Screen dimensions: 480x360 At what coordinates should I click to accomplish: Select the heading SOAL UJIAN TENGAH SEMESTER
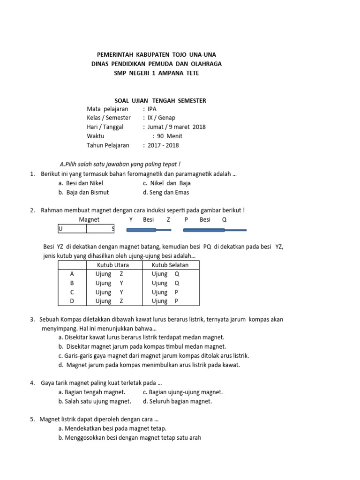pos(160,100)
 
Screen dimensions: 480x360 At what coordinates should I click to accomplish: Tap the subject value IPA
pos(152,109)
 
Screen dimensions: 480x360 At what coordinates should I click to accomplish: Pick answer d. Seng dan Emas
pos(166,192)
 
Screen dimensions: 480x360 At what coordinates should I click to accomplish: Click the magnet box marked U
pos(72,229)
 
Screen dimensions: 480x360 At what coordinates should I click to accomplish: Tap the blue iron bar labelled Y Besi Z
pos(148,230)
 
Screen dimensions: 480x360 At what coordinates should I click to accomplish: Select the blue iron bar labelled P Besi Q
pos(214,230)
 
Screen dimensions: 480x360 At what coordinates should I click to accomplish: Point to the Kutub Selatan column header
pos(170,265)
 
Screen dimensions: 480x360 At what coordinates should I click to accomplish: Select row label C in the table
pos(72,292)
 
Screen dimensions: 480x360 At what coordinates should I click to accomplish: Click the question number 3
pos(32,319)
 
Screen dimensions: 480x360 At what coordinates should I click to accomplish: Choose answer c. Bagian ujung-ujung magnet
pos(182,392)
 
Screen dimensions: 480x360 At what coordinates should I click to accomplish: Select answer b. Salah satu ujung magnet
pos(95,401)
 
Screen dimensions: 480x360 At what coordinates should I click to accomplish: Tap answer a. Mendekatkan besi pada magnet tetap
pos(112,428)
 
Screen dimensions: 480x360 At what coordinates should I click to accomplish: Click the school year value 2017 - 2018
pos(163,145)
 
